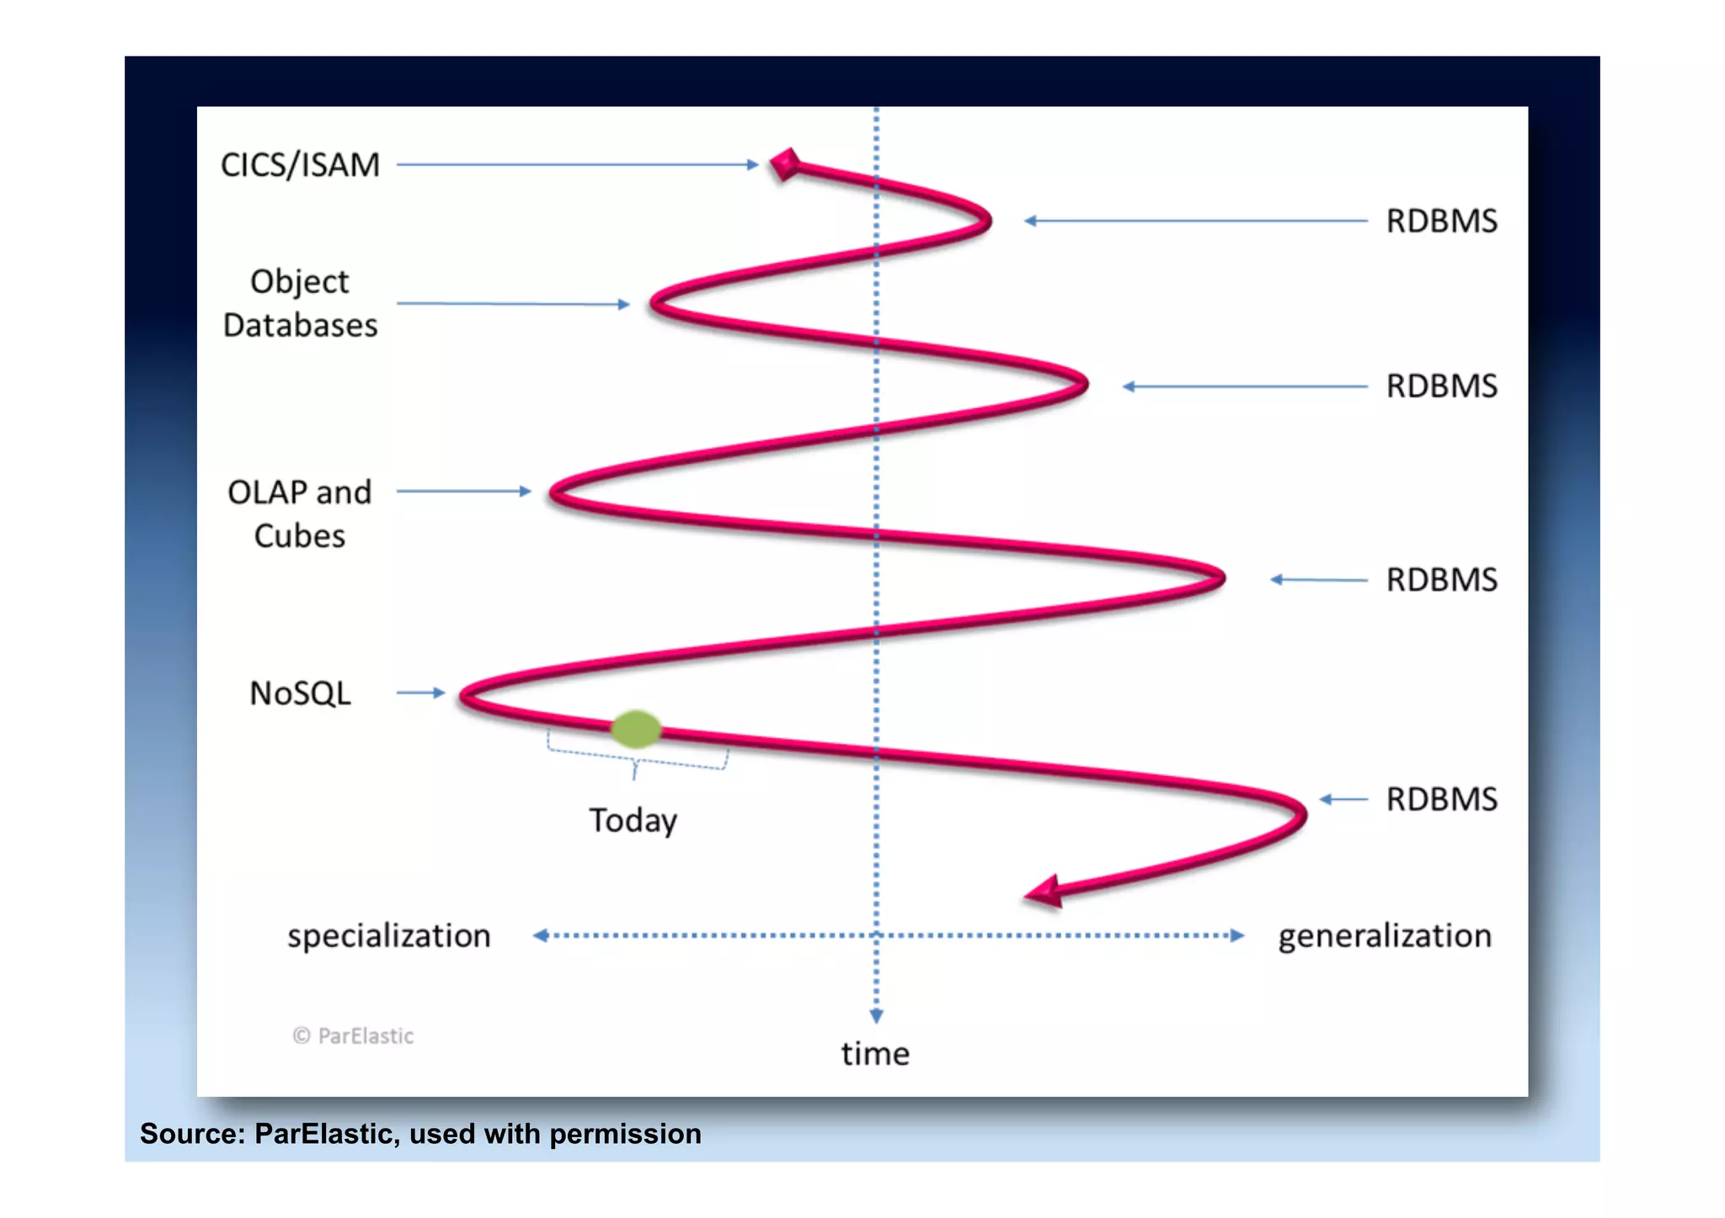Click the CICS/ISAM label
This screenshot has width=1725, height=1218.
[300, 165]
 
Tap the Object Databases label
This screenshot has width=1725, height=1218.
[300, 303]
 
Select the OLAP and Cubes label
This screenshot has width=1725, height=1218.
[300, 513]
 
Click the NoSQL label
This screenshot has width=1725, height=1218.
[300, 694]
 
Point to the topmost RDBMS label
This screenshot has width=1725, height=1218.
[1441, 221]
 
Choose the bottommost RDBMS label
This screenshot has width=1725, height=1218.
[1441, 800]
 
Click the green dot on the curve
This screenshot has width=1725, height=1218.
[636, 729]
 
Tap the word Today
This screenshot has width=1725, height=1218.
[633, 821]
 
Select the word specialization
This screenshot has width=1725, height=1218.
[388, 936]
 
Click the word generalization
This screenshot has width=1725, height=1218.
[1385, 936]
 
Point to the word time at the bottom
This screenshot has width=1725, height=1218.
[875, 1054]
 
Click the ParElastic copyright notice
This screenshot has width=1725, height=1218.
[353, 1036]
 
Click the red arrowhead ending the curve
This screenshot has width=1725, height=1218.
[1044, 892]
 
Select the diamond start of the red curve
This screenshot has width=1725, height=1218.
[785, 164]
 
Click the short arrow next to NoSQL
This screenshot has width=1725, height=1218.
[421, 693]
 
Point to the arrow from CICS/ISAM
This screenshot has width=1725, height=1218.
[578, 165]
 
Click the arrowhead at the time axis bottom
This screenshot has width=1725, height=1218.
[876, 1016]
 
